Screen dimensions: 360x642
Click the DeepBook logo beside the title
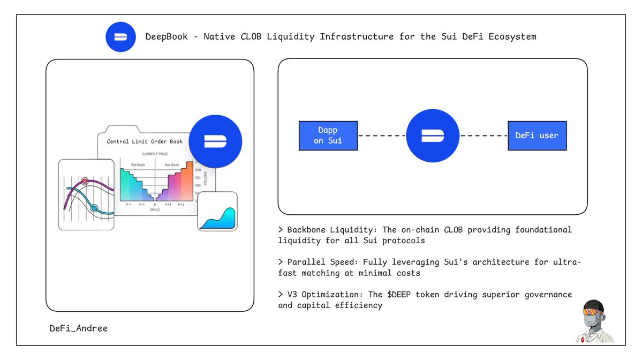pos(121,36)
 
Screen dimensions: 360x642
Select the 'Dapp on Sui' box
pos(328,136)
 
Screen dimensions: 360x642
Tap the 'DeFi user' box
pos(537,136)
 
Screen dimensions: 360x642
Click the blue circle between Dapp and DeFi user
pos(432,136)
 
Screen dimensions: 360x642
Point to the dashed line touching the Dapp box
pos(381,136)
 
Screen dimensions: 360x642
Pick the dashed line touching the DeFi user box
pos(484,136)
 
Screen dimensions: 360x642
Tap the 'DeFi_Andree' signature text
pos(78,328)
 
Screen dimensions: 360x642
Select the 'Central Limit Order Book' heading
pos(145,141)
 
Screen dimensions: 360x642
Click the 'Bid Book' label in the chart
pos(138,165)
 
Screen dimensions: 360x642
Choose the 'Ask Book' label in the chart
pos(172,165)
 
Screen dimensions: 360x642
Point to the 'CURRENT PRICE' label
pos(155,154)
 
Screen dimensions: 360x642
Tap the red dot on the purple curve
pos(84,181)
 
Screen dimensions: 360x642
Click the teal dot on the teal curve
pos(94,207)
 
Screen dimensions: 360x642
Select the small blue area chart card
pos(217,212)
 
